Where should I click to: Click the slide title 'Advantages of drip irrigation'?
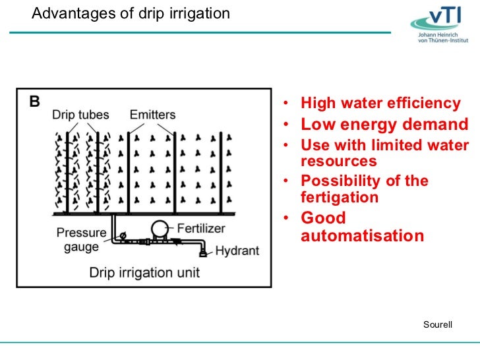click(131, 13)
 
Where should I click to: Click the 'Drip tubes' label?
click(80, 115)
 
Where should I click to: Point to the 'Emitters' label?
click(153, 115)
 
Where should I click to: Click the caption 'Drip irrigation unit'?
click(145, 272)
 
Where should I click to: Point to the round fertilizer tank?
click(160, 229)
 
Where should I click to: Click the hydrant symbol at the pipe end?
click(204, 251)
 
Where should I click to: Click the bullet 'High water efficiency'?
click(380, 104)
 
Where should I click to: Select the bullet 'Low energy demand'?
click(384, 125)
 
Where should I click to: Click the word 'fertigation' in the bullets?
click(340, 197)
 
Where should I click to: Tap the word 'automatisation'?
click(362, 235)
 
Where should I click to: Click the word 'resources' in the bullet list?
click(338, 161)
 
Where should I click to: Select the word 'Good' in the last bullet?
click(323, 218)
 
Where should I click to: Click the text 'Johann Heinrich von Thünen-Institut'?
click(443, 37)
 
